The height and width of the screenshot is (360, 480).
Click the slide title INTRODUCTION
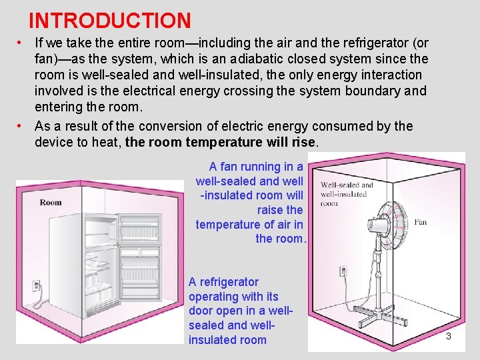pyautogui.click(x=110, y=21)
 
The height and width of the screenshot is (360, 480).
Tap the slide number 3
pyautogui.click(x=448, y=337)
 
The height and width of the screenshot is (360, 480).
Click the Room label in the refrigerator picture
pyautogui.click(x=51, y=202)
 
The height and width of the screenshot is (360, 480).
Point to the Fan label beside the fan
pyautogui.click(x=420, y=222)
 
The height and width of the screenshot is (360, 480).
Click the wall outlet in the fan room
pyautogui.click(x=343, y=272)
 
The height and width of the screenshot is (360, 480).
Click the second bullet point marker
pyautogui.click(x=21, y=126)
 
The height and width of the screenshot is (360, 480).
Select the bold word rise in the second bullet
pyautogui.click(x=305, y=142)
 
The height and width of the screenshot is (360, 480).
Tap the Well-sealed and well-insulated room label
pyautogui.click(x=347, y=194)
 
